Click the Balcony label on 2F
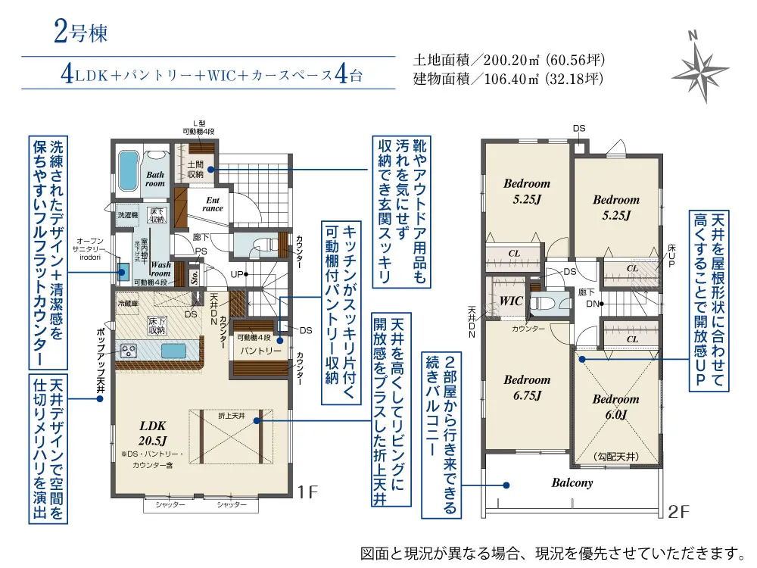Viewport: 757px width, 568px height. pos(572,482)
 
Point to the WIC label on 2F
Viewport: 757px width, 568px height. pos(512,301)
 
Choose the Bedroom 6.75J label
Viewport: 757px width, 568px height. pos(527,386)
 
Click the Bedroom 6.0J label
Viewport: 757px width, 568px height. pos(615,407)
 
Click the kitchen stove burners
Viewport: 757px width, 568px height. pos(127,351)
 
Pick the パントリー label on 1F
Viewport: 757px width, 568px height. pos(261,351)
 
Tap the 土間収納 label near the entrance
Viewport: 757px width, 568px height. pos(195,169)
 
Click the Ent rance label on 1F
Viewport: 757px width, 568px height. pos(212,204)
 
